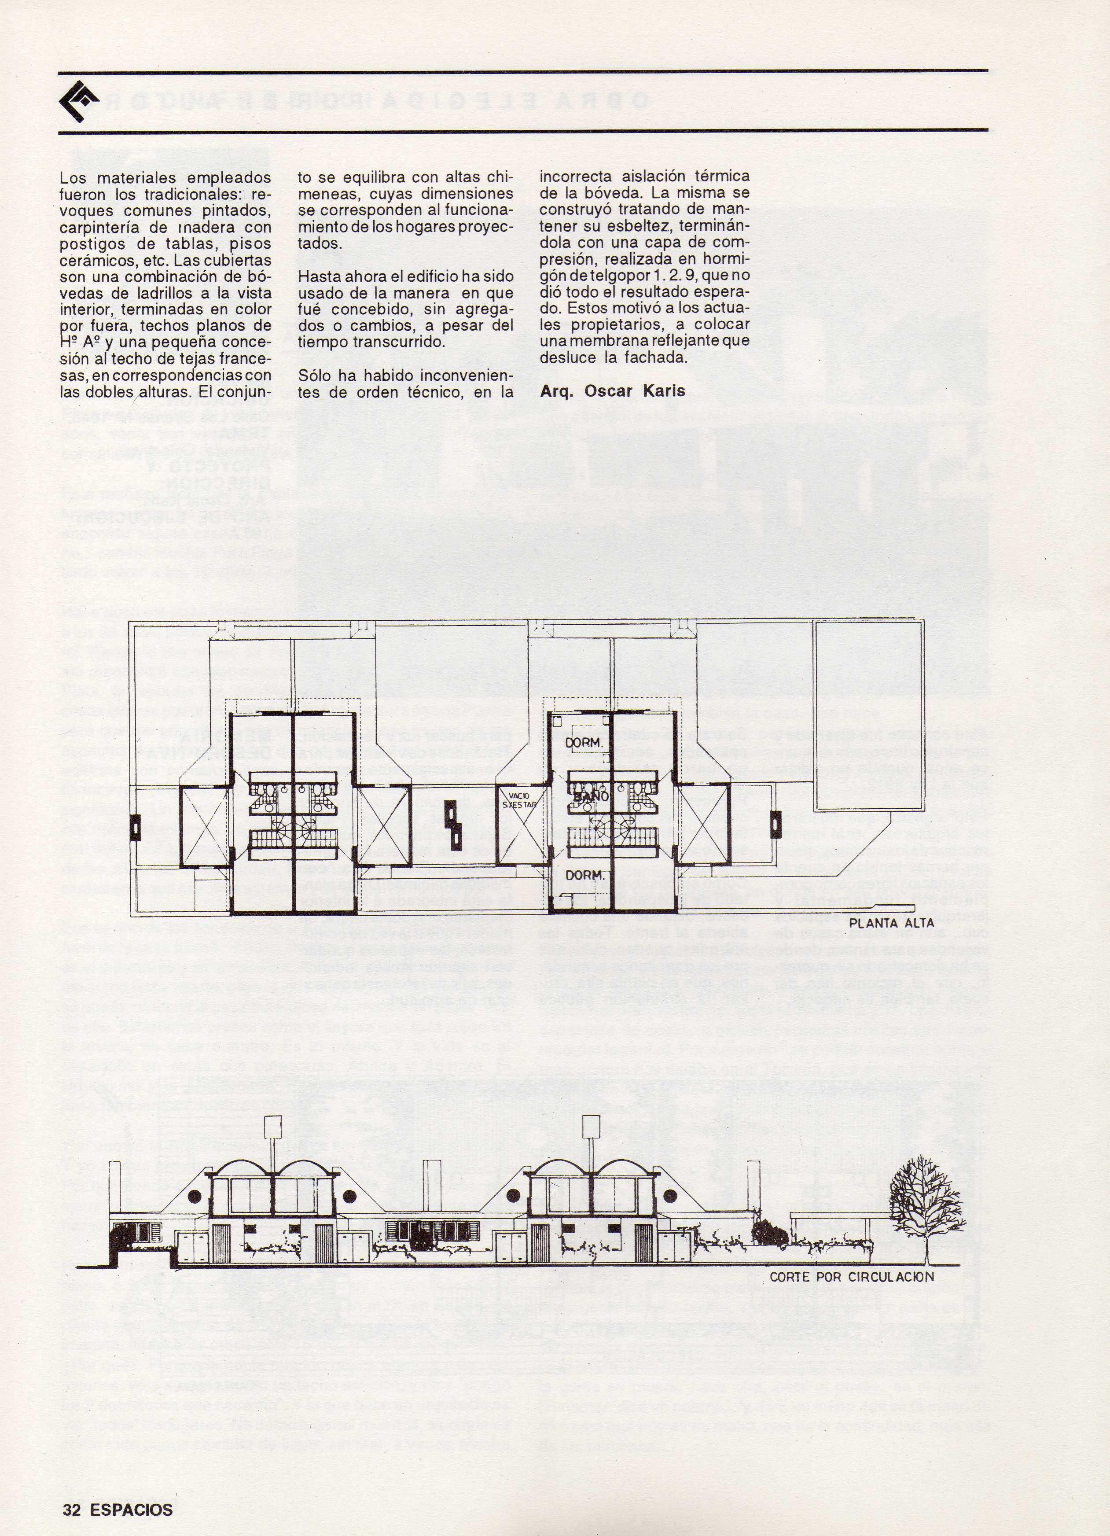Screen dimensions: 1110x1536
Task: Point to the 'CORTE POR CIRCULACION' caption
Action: pos(851,1277)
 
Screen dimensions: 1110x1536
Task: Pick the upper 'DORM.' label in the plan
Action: pos(584,743)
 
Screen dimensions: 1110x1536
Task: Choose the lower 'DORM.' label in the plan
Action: pos(584,875)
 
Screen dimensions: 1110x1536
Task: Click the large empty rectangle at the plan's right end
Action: pos(870,715)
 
